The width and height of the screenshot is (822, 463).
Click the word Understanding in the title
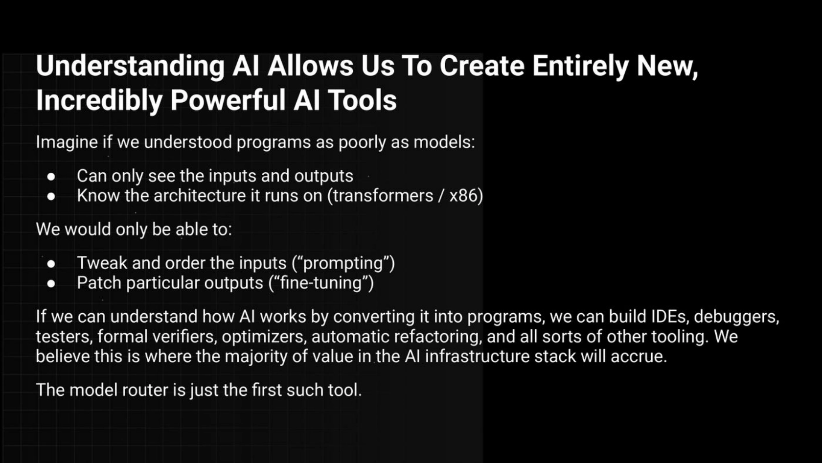pyautogui.click(x=130, y=67)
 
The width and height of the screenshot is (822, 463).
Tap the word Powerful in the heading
pyautogui.click(x=228, y=101)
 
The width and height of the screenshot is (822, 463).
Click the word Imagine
pyautogui.click(x=67, y=142)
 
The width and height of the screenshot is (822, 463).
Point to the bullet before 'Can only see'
pyautogui.click(x=51, y=177)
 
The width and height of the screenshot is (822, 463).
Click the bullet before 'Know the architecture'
pyautogui.click(x=51, y=196)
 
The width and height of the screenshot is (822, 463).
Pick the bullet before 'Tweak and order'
pyautogui.click(x=51, y=264)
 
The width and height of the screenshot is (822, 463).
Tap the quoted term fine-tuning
pyautogui.click(x=321, y=283)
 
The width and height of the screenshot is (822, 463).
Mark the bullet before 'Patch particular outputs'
pyautogui.click(x=51, y=283)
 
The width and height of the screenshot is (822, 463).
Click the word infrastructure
pyautogui.click(x=477, y=356)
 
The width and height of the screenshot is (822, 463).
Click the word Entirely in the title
pyautogui.click(x=580, y=67)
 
